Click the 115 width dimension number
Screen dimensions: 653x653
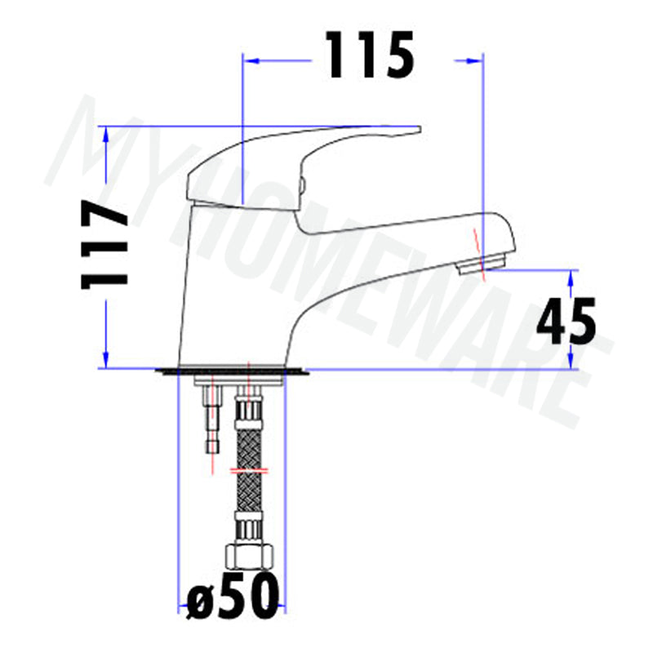[x=370, y=55]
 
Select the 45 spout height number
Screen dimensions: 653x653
[x=566, y=321]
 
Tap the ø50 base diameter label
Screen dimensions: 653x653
[x=233, y=596]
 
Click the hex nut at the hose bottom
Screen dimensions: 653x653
[x=250, y=557]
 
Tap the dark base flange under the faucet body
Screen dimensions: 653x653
[x=232, y=371]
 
